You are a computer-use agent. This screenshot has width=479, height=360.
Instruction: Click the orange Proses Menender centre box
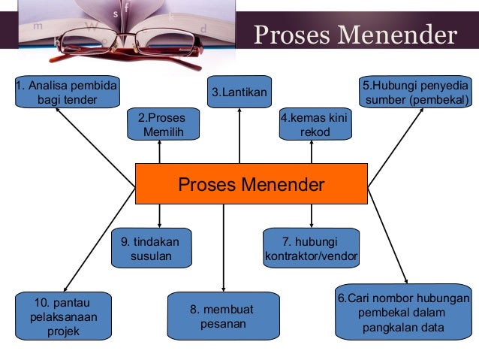coord(251,184)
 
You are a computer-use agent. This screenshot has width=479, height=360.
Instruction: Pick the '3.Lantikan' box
coord(239,92)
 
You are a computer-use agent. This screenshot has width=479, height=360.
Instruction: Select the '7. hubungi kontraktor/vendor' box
coord(311,249)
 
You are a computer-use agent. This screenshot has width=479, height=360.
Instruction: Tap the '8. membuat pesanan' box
coord(223,316)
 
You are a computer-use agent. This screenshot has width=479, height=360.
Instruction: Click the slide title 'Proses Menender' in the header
coord(354,35)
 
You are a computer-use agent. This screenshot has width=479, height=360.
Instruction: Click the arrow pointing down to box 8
coord(224,248)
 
